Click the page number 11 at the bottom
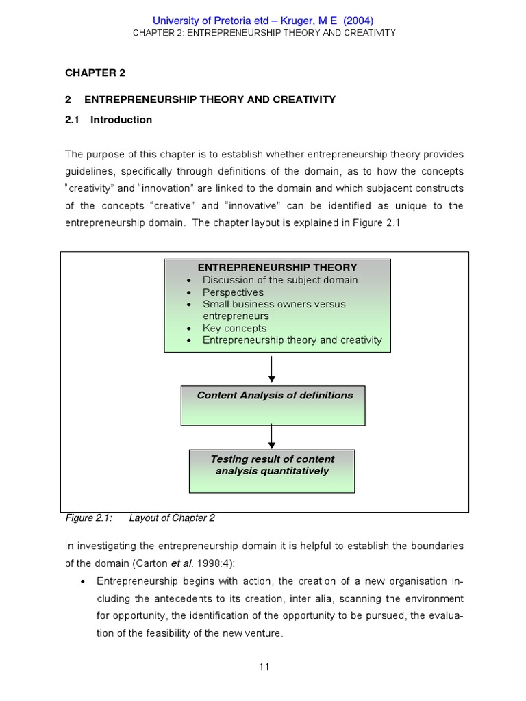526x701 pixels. tap(264, 667)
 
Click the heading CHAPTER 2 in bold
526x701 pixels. tap(95, 73)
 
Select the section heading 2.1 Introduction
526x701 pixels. tap(109, 120)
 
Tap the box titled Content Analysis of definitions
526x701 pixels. tap(273, 405)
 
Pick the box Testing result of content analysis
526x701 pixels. tap(272, 471)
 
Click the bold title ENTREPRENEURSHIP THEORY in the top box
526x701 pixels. tap(277, 268)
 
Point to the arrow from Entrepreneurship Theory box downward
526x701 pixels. tap(272, 369)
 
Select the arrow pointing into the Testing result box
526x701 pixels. tap(272, 436)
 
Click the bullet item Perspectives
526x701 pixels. tap(233, 292)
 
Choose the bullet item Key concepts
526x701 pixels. tap(234, 328)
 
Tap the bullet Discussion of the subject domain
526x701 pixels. tap(280, 280)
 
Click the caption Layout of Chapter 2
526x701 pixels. tap(172, 518)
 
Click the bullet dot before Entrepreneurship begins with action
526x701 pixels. tap(82, 581)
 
